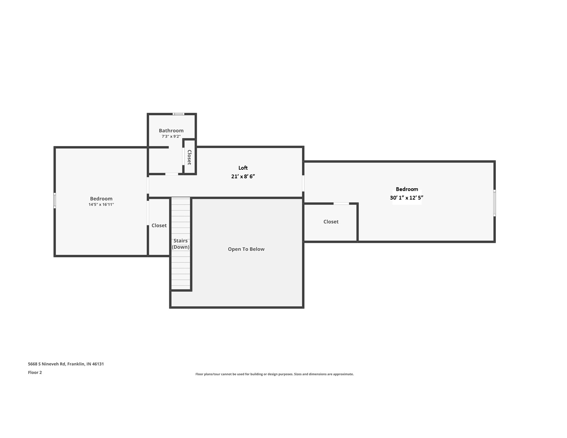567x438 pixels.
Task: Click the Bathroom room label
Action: tap(171, 131)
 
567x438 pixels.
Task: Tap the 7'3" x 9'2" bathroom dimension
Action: tap(171, 136)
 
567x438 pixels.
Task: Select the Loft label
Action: tap(243, 168)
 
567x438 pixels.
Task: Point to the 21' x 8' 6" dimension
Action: tap(243, 176)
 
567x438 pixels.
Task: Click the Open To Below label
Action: tap(246, 249)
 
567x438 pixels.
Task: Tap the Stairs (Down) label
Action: tap(180, 244)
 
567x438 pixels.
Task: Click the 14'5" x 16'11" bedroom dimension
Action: tap(101, 204)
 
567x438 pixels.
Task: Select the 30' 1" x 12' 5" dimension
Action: tap(407, 198)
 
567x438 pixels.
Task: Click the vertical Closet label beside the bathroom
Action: tap(189, 157)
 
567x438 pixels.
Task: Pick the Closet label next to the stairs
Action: tap(159, 225)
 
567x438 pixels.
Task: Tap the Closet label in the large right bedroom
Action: tap(331, 222)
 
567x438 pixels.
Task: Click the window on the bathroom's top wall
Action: tap(178, 114)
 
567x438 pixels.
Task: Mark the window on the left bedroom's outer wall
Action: tap(55, 200)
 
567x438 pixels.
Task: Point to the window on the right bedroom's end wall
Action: tap(494, 203)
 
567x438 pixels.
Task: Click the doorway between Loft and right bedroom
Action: tap(303, 183)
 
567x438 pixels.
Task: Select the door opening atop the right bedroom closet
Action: tap(341, 204)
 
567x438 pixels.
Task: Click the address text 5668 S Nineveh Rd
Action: tap(66, 364)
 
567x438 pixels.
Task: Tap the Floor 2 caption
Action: tap(35, 372)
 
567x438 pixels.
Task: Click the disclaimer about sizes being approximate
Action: tap(274, 374)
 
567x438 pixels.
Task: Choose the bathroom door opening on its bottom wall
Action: tap(172, 174)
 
